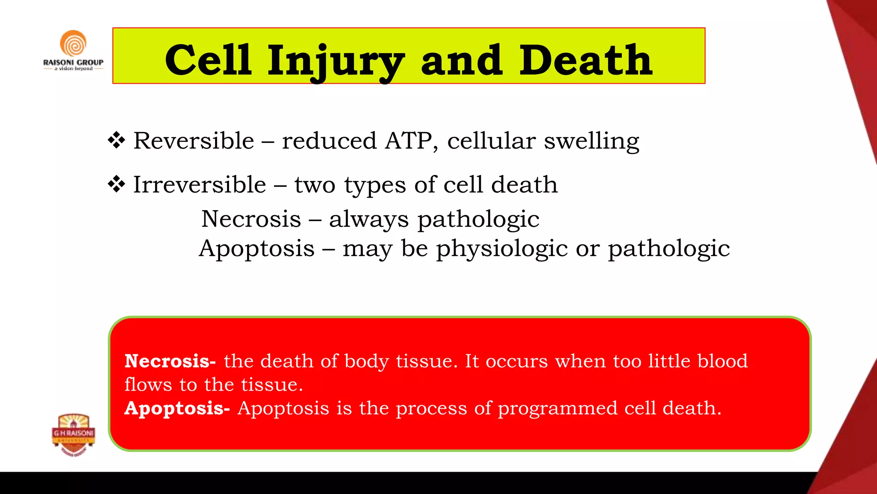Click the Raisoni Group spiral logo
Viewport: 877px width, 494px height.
coord(73,44)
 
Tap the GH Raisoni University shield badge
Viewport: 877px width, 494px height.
coord(74,434)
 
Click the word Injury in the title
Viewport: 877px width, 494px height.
coord(336,61)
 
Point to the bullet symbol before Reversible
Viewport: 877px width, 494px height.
coord(116,141)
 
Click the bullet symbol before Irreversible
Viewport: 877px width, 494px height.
coord(116,184)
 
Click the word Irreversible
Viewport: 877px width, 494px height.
coord(200,184)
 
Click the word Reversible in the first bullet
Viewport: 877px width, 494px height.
coord(194,141)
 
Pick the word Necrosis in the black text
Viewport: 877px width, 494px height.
coord(251,219)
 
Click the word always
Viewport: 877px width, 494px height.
coord(369,220)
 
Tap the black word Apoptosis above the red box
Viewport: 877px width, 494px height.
coord(257,249)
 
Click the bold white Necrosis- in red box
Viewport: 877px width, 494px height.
coord(170,361)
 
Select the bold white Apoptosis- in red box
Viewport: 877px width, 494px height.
coord(177,408)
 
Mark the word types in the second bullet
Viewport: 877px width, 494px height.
coord(375,185)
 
